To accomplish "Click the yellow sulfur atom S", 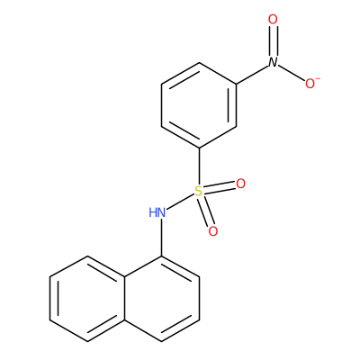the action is click(x=199, y=191).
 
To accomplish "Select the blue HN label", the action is click(x=157, y=212).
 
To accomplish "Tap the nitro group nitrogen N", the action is click(x=273, y=62).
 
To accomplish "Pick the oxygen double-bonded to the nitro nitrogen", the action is click(x=273, y=20).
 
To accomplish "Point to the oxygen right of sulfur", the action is click(x=240, y=184).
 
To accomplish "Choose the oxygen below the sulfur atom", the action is click(x=213, y=231).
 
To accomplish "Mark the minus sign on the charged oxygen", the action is click(x=318, y=79).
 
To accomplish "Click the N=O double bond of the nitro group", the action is click(x=273, y=41).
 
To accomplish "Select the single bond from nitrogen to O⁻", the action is click(x=292, y=72).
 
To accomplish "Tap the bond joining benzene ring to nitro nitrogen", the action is click(x=252, y=75).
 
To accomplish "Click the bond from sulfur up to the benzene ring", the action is click(x=199, y=166).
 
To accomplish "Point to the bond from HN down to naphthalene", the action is click(x=162, y=238).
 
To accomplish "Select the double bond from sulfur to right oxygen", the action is click(x=220, y=187).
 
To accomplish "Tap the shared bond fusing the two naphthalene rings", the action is click(x=124, y=299).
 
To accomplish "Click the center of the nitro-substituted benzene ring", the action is click(x=199, y=105).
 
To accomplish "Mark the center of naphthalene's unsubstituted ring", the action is click(x=87, y=299).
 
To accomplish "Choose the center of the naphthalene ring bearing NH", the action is click(x=162, y=299).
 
